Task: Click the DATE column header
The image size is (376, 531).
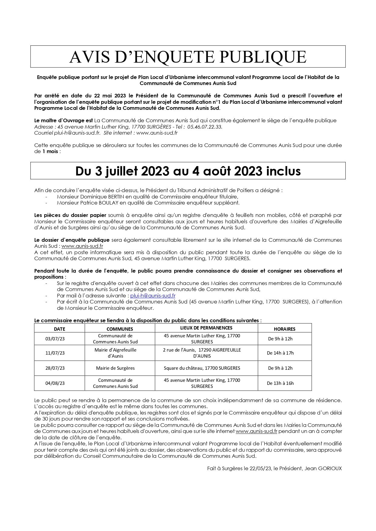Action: point(59,329)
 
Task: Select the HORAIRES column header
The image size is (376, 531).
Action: point(284,329)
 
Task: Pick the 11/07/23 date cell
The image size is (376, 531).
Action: point(55,353)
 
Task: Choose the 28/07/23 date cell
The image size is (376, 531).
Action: point(55,368)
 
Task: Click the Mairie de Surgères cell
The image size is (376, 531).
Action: point(115,368)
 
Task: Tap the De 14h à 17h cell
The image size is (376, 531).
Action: point(280,353)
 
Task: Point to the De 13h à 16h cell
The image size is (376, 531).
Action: point(280,383)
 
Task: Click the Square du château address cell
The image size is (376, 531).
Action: point(202,368)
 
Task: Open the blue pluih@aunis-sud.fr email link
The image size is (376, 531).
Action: point(153,296)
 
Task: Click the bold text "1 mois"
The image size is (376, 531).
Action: point(50,151)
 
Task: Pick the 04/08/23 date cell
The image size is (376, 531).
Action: point(55,383)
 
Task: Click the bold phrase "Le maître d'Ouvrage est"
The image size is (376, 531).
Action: point(64,120)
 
